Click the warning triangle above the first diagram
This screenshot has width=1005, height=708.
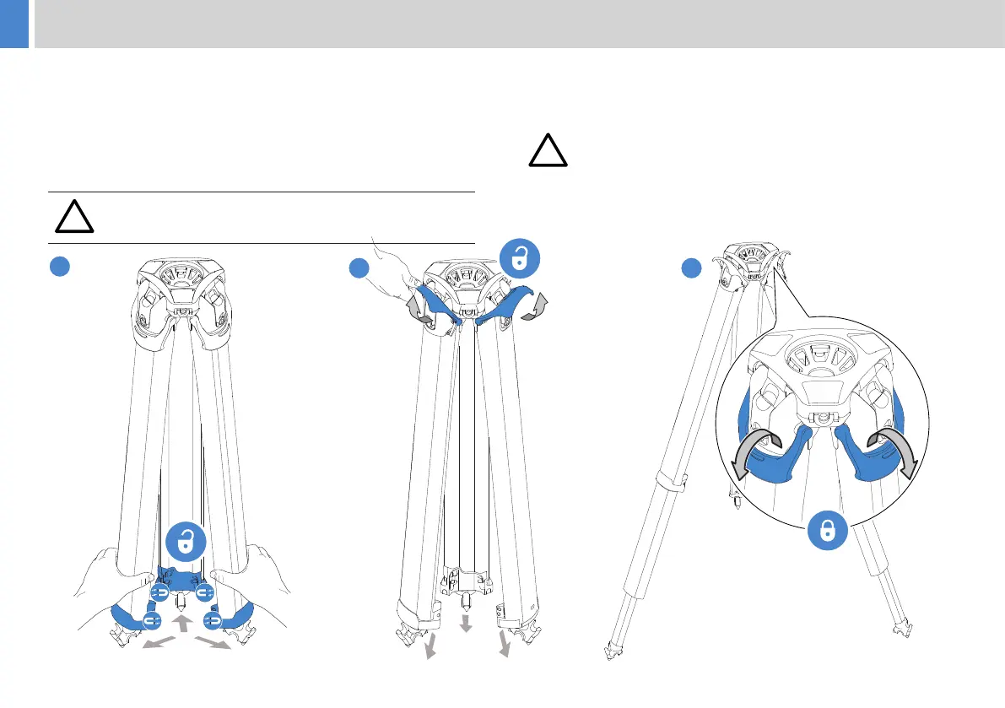click(74, 217)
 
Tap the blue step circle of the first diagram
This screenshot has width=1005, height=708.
click(57, 267)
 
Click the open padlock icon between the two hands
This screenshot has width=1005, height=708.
click(184, 542)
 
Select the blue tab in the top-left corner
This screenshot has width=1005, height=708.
click(14, 24)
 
